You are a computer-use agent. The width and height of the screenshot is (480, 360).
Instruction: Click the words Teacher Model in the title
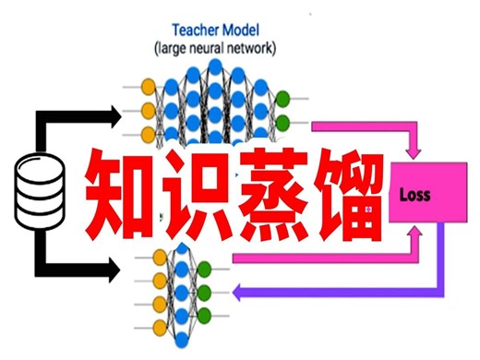[x=214, y=28]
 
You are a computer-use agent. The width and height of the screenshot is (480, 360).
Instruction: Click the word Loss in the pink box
[x=415, y=196]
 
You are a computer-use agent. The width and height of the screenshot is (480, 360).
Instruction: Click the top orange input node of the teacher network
[x=147, y=89]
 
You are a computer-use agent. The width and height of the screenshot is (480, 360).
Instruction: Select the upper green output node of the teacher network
[x=283, y=99]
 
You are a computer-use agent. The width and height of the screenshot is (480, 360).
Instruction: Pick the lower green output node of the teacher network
[x=283, y=122]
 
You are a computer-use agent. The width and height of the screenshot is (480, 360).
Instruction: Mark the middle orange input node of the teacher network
[x=147, y=112]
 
